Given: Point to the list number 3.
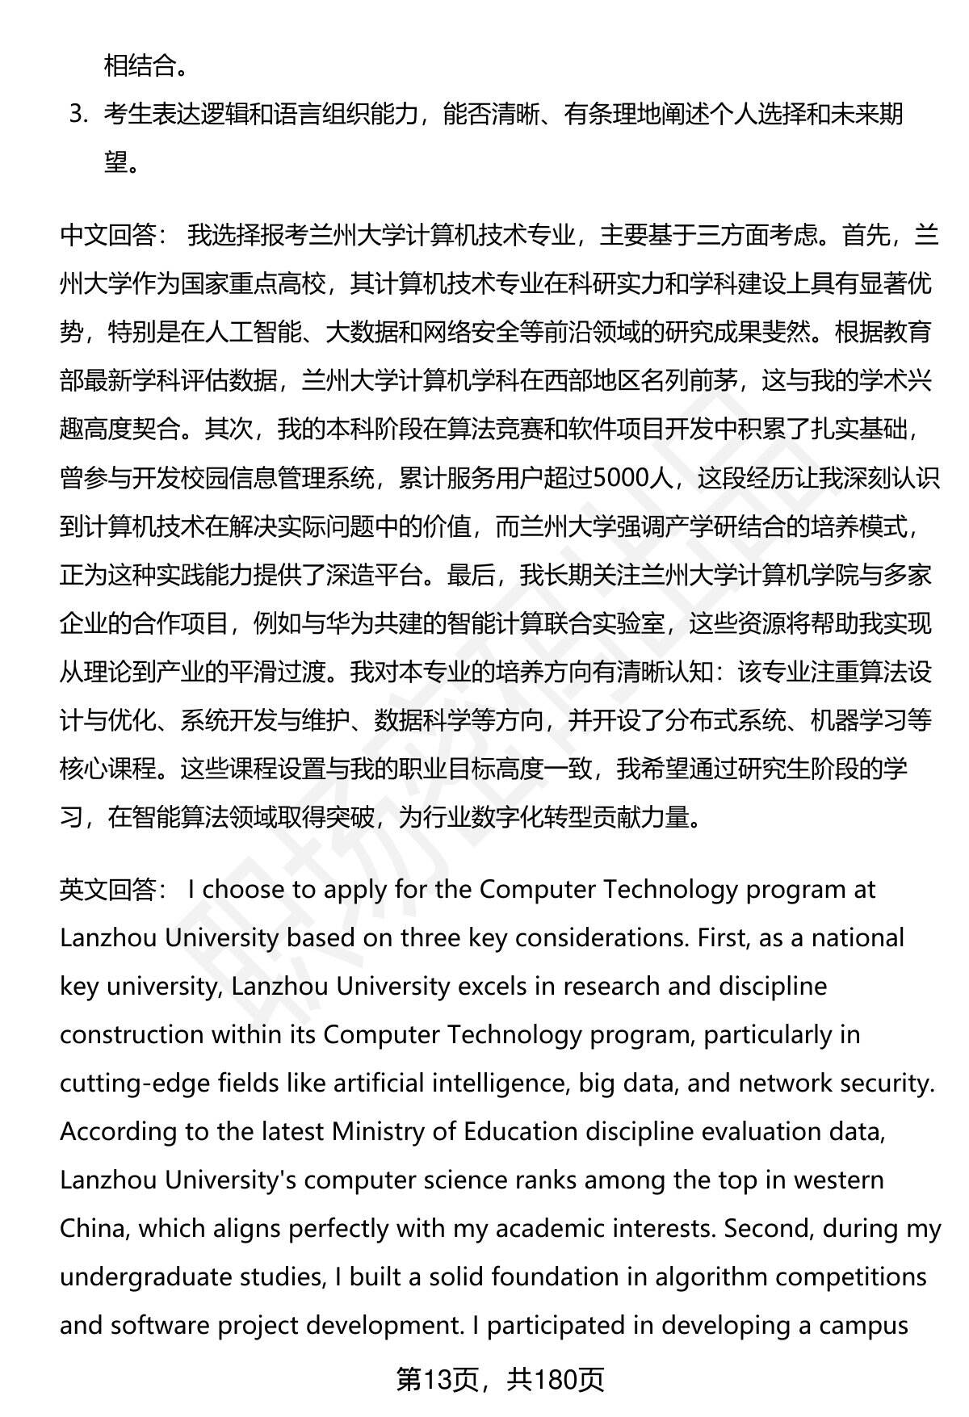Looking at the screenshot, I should click(x=78, y=114).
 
